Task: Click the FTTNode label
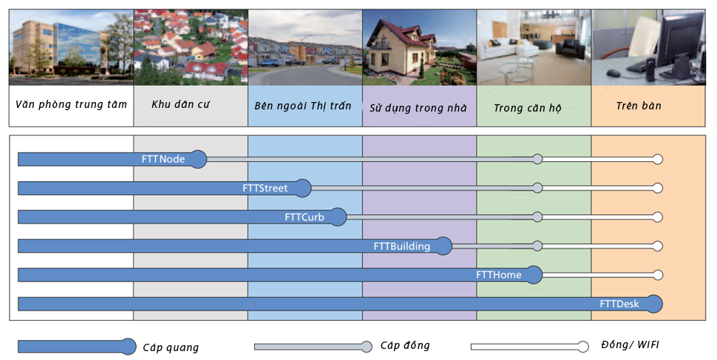click(x=163, y=159)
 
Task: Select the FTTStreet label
click(x=265, y=188)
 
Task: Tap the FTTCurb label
click(x=305, y=217)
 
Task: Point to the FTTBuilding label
click(x=401, y=246)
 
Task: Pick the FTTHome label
click(x=498, y=275)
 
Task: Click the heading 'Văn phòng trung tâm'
click(x=71, y=105)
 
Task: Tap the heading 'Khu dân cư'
click(x=180, y=105)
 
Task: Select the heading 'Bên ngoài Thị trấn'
click(x=303, y=106)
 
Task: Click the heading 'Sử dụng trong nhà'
click(x=418, y=108)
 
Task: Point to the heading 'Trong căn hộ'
click(x=528, y=108)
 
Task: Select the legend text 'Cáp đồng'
click(x=405, y=345)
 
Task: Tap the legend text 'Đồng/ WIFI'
click(x=630, y=345)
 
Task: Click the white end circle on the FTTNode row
click(x=658, y=159)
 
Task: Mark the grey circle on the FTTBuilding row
click(x=537, y=246)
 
